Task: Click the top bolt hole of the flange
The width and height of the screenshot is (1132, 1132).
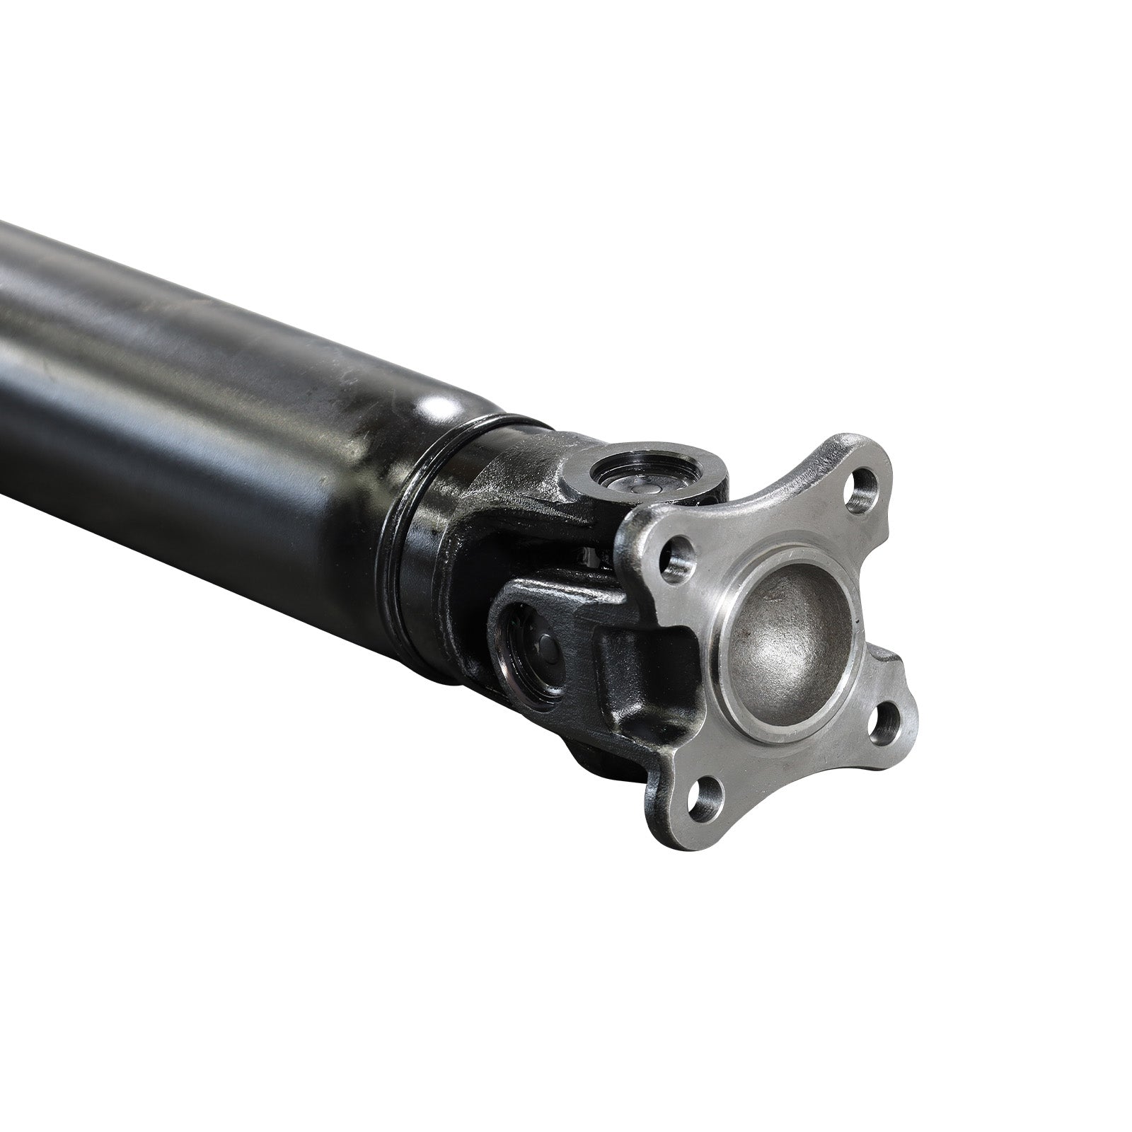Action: click(x=862, y=485)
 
